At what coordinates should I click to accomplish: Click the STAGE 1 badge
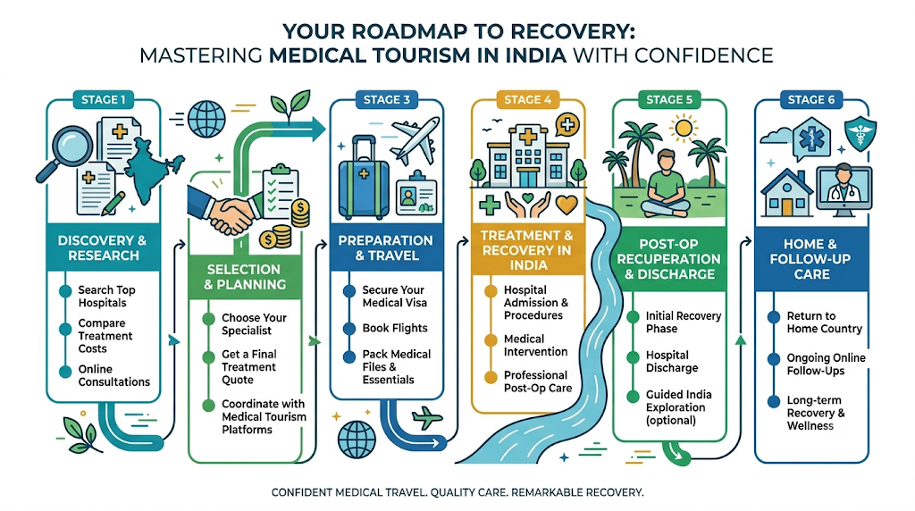103,100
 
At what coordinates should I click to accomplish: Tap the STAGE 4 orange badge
527,100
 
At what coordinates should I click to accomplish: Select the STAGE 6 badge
811,100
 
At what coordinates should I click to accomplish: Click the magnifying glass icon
65,152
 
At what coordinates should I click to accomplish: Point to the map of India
153,168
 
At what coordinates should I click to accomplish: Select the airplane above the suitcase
415,139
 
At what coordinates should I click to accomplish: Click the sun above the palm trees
683,128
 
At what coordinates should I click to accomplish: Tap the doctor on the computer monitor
844,186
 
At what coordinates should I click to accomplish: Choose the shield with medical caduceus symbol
860,132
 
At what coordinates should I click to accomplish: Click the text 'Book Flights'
394,329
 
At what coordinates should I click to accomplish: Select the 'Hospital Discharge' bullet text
672,362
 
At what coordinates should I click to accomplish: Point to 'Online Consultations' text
113,376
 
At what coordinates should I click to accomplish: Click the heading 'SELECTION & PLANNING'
245,277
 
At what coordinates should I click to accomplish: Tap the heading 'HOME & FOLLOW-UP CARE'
810,259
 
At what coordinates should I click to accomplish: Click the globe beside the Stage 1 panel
206,119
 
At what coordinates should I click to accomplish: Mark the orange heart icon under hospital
566,205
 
